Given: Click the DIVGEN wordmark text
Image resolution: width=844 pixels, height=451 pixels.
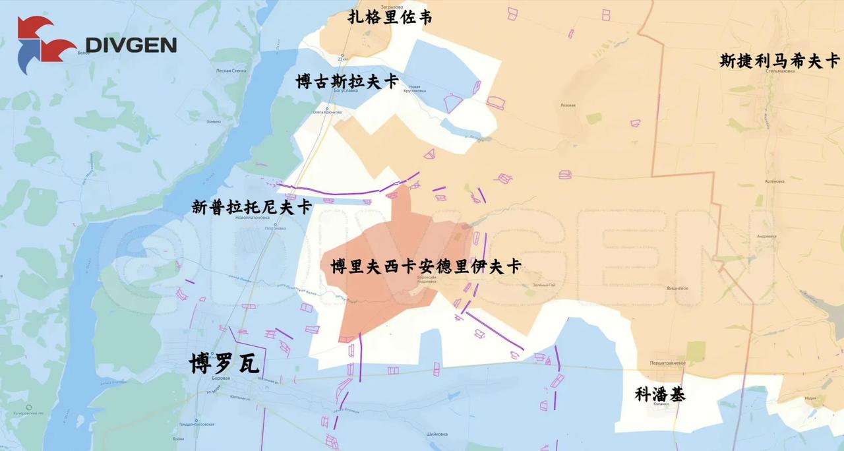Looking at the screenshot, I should pos(131,45).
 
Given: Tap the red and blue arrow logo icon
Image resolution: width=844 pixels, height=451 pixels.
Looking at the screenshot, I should pos(45,44).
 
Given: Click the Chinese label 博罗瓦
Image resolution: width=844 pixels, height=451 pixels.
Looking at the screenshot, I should pos(224,363).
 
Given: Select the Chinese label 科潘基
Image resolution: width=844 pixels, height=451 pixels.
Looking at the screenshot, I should pos(659,394).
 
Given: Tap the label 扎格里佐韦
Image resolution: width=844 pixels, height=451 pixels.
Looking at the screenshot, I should pos(390,17).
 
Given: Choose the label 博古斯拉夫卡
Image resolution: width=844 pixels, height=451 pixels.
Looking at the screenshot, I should pos(347,82).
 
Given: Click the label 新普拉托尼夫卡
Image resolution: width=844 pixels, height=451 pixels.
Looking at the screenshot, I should pos(251,207).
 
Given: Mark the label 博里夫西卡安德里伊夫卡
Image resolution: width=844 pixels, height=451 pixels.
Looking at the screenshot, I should pos(425,266).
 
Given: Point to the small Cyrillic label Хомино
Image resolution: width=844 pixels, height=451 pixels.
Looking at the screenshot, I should pos(213,121).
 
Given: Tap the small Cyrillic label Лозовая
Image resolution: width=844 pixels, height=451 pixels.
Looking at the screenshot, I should pos(567,105).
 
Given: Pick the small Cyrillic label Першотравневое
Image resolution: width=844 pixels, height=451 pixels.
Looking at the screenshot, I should pos(667,363).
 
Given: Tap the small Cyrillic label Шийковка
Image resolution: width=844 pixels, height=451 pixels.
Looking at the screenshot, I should pos(437,434).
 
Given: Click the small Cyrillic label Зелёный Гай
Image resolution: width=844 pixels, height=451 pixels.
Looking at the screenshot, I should pos(543,285).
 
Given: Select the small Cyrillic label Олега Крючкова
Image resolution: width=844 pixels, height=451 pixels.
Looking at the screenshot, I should pos(327,112).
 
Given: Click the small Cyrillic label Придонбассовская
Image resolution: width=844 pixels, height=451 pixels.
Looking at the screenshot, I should pos(196,425).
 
